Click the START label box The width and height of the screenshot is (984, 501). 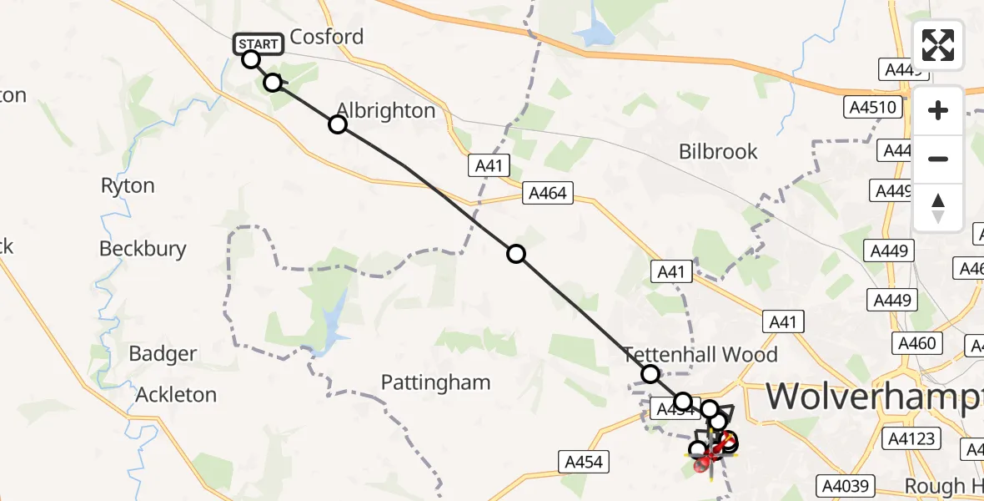tap(258, 44)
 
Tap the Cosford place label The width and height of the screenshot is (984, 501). tap(327, 37)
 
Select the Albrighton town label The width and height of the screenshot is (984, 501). tap(385, 110)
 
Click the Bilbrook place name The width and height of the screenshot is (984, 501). tap(718, 151)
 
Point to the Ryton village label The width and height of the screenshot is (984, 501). tap(128, 185)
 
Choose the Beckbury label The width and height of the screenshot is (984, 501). tap(143, 249)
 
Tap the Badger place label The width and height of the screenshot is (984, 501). tap(163, 354)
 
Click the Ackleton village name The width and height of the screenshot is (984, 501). tap(176, 394)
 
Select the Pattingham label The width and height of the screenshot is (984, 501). tap(435, 382)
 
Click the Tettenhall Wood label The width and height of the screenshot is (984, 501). tap(700, 354)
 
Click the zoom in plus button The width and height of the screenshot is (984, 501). tap(938, 110)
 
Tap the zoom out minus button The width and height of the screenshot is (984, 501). tap(938, 159)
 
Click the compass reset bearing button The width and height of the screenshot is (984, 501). tap(938, 207)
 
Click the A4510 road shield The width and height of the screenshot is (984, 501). tap(872, 107)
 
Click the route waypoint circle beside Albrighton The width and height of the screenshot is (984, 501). tap(337, 124)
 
